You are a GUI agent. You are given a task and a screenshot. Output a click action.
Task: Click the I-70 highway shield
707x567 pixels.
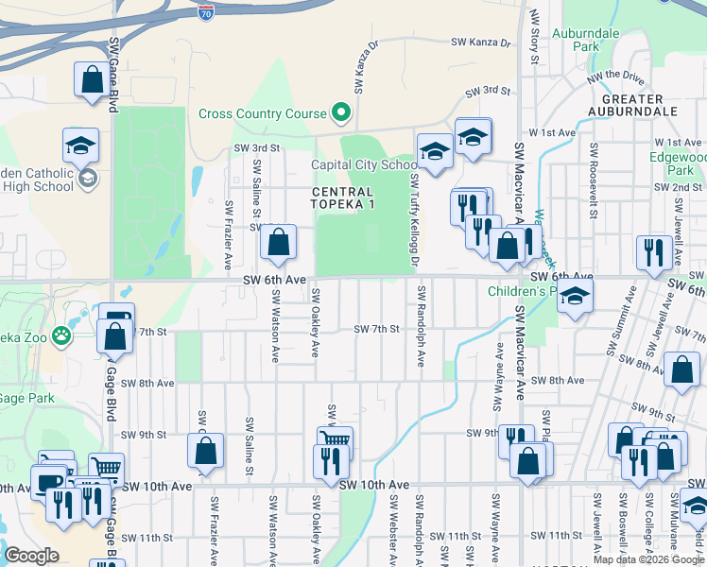point(207,11)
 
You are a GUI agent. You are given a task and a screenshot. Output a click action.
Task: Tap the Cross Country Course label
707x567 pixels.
point(262,114)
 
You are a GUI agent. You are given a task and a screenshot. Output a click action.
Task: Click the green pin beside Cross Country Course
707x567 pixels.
point(341,114)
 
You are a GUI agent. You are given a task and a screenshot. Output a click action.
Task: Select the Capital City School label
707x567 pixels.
point(365,164)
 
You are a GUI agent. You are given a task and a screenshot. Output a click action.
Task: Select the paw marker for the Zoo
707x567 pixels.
point(61,334)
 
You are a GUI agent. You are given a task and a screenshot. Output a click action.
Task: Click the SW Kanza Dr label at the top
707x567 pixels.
point(480,43)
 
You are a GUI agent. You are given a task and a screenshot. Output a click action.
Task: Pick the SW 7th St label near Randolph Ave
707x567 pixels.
point(377,329)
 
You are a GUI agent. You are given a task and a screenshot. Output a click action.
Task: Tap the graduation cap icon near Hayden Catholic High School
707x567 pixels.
point(81,145)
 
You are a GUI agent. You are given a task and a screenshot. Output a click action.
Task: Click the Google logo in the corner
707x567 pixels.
point(32,556)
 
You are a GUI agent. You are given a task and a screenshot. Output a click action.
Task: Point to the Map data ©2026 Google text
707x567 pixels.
point(648,559)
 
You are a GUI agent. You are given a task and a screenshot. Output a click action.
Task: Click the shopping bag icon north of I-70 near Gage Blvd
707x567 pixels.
point(93,80)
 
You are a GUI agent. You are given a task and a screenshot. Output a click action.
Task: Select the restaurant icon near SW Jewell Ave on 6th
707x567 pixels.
point(653,252)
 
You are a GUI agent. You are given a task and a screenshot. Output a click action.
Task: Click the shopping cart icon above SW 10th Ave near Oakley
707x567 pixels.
point(336,440)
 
